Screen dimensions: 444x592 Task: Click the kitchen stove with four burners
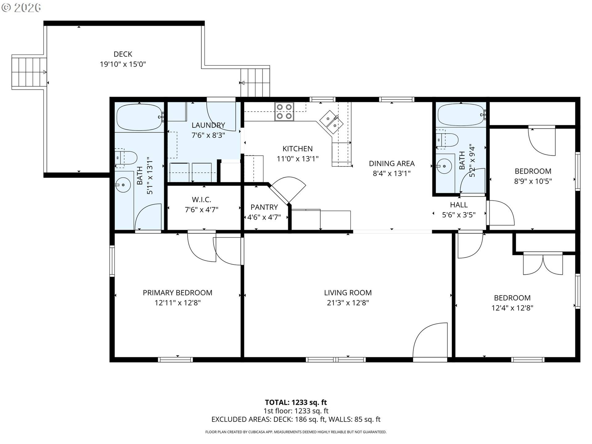(284, 111)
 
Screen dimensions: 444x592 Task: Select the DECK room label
(123, 54)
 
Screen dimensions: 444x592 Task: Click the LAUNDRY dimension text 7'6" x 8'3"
(208, 135)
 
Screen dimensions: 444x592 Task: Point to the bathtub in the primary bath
(139, 117)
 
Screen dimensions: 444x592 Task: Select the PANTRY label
(264, 207)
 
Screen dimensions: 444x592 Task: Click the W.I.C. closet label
(201, 199)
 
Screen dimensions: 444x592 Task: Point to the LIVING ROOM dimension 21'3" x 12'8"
(348, 303)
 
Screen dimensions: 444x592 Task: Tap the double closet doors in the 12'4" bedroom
(543, 264)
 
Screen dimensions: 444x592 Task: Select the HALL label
(458, 205)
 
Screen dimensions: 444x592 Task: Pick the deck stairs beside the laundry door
(255, 83)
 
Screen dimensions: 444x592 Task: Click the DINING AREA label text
(392, 163)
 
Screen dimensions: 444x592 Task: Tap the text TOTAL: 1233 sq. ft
(296, 402)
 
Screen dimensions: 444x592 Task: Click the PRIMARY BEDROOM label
(177, 293)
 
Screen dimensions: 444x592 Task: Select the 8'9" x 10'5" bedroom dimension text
(533, 181)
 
